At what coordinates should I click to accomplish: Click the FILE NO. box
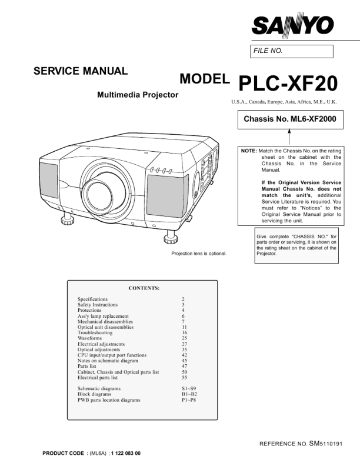coord(292,51)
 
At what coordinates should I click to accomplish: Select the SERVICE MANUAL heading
coord(81,71)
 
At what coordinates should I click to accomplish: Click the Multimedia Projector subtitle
coord(138,95)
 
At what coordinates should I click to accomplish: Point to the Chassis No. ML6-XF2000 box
coord(289,119)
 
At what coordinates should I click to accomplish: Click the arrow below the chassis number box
coord(289,138)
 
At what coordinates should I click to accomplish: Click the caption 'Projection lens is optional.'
coord(199,254)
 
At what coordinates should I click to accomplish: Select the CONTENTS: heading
coord(144,288)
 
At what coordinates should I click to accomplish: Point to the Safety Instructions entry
coord(98,305)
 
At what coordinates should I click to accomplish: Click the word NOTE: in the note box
coord(248,151)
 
